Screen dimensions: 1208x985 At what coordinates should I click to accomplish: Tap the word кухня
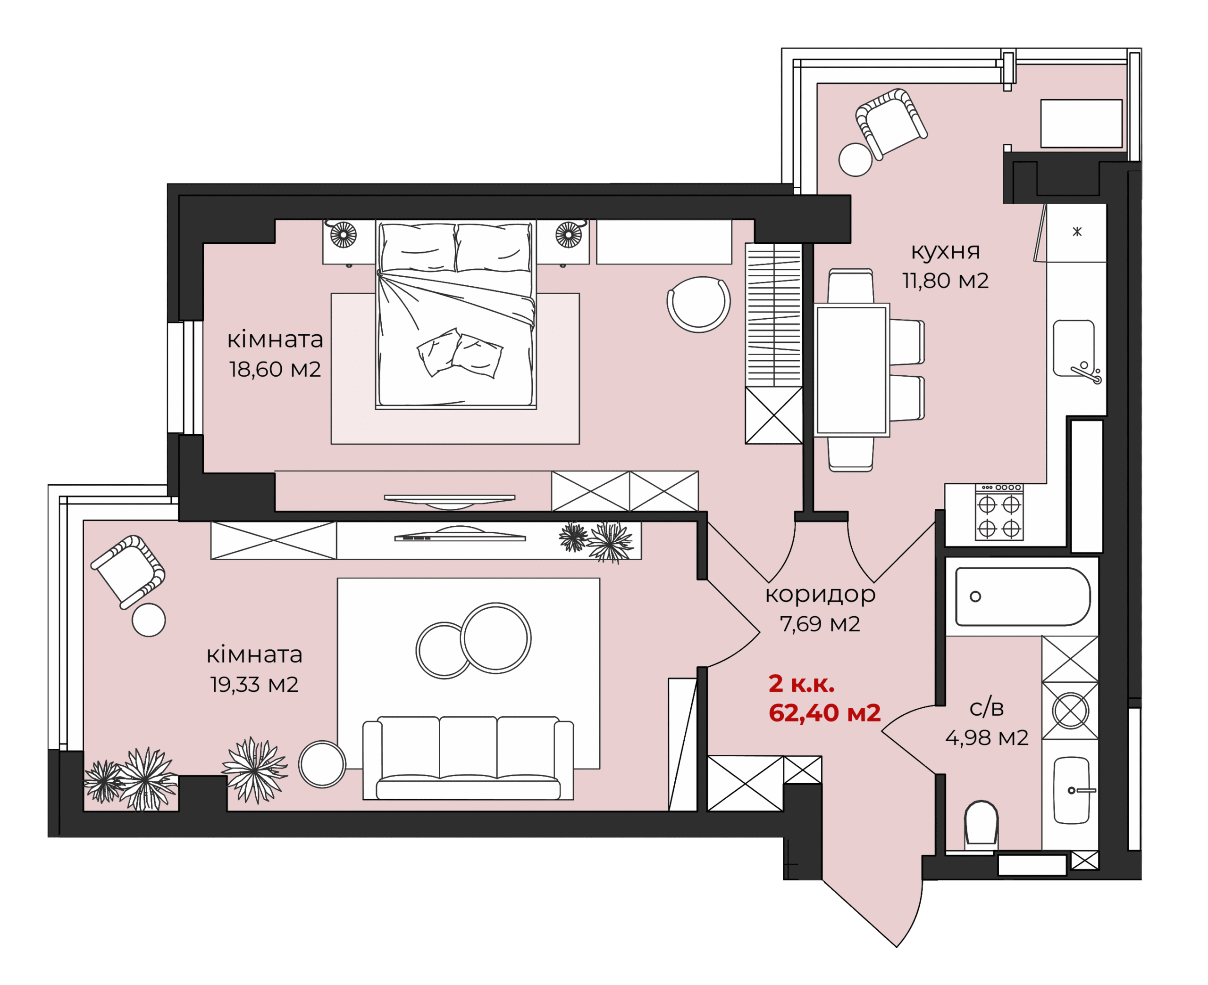[x=945, y=251]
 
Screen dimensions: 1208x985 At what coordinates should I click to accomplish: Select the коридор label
[x=820, y=595]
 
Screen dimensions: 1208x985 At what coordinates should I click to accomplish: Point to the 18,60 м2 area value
[x=275, y=369]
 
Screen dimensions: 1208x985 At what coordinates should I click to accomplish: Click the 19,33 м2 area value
[x=254, y=685]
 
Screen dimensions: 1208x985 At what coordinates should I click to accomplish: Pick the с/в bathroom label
[x=987, y=708]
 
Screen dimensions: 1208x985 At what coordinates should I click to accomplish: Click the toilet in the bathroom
[x=981, y=822]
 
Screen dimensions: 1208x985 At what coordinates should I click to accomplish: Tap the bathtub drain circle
[x=975, y=596]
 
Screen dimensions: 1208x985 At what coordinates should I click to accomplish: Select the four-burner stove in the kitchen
[x=999, y=512]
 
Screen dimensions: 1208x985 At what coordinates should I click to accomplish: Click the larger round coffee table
[x=495, y=638]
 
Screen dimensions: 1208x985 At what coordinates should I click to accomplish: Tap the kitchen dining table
[x=852, y=370]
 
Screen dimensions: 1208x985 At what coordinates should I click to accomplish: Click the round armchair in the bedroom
[x=699, y=304]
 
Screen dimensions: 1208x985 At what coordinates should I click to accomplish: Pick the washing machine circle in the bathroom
[x=1070, y=711]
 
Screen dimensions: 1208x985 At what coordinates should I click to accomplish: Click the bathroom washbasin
[x=1072, y=790]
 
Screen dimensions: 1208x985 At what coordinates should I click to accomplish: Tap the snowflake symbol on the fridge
[x=1077, y=232]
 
